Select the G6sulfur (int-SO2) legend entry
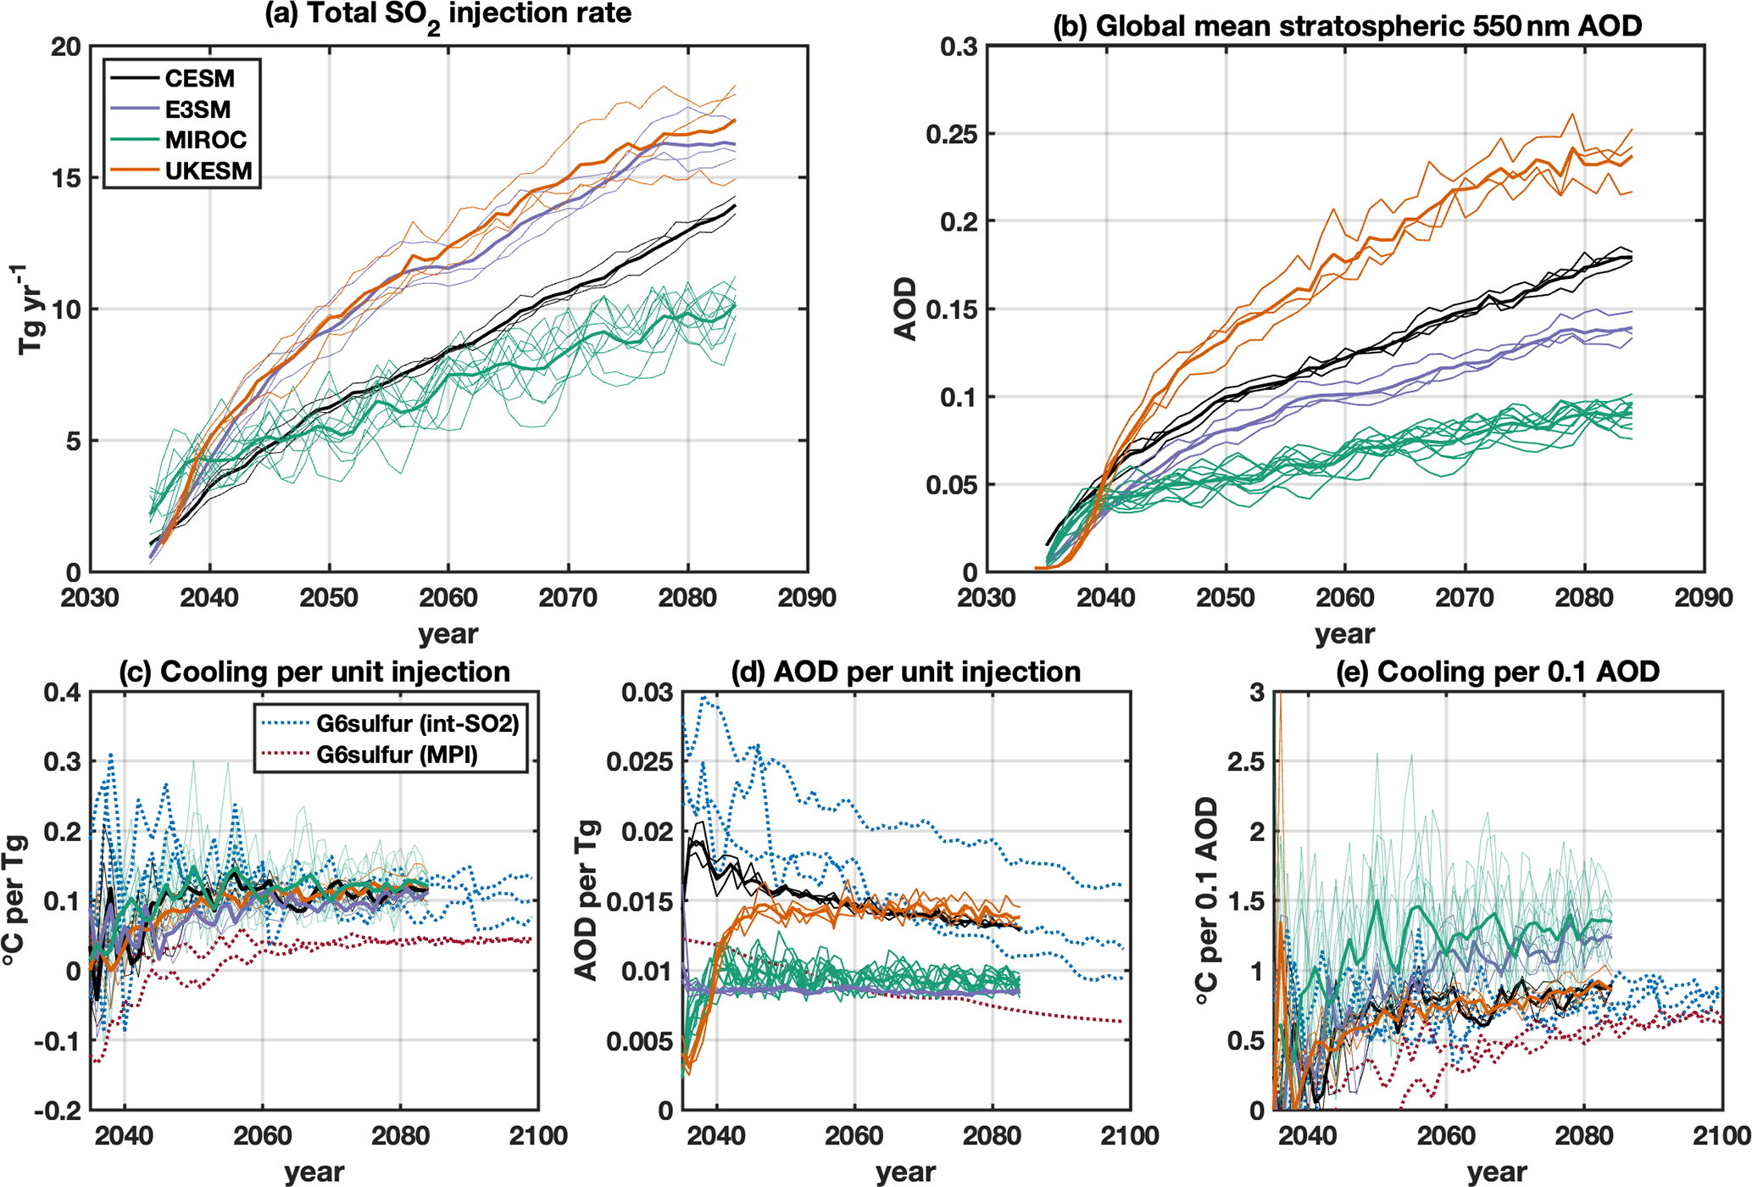coord(390,723)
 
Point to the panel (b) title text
coord(1347,25)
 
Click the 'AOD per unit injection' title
coord(906,672)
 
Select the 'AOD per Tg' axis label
coord(587,900)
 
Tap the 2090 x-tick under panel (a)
coord(807,598)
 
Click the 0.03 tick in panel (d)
coord(646,693)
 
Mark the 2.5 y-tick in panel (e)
coord(1245,762)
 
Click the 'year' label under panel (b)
coord(1345,634)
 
